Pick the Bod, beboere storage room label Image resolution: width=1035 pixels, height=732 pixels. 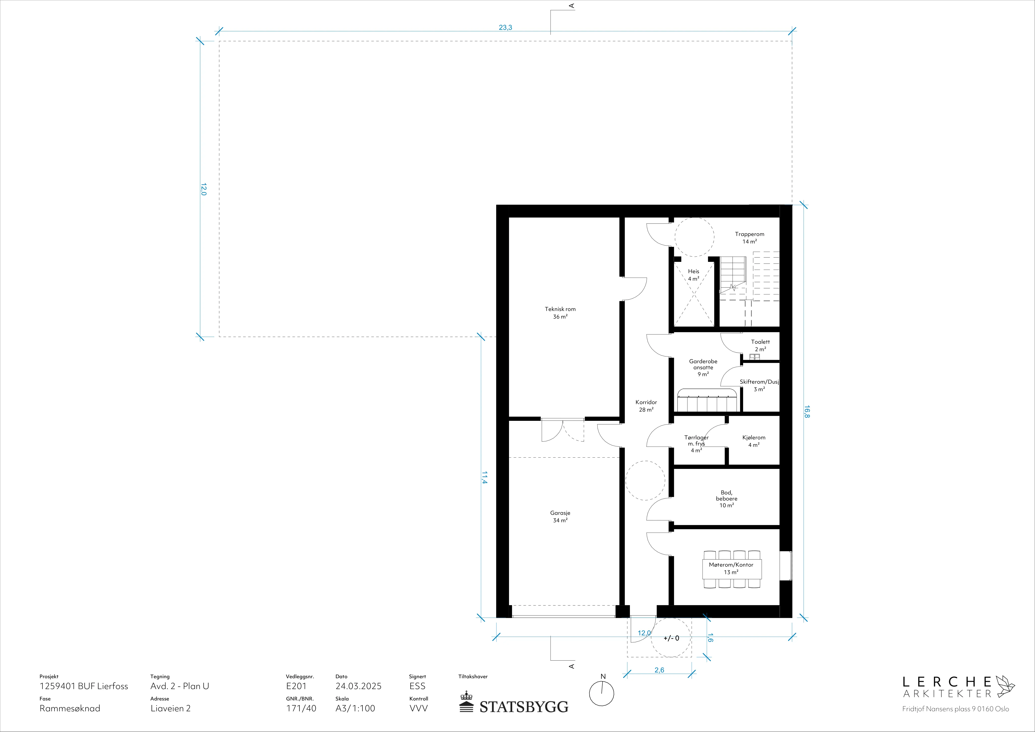pos(727,498)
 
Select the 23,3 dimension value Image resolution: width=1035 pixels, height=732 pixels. pos(505,28)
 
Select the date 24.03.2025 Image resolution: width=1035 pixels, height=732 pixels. pos(358,686)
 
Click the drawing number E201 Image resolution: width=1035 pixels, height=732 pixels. pos(296,686)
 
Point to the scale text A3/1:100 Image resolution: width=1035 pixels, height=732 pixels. pos(355,708)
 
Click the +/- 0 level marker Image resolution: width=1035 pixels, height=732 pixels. pos(671,638)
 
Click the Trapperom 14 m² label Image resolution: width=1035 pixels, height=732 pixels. pos(750,238)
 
